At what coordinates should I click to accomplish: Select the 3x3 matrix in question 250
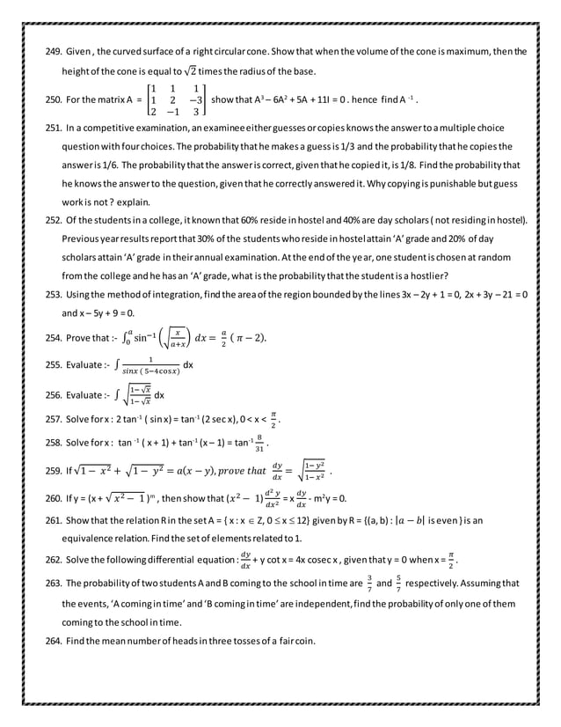tap(177, 100)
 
